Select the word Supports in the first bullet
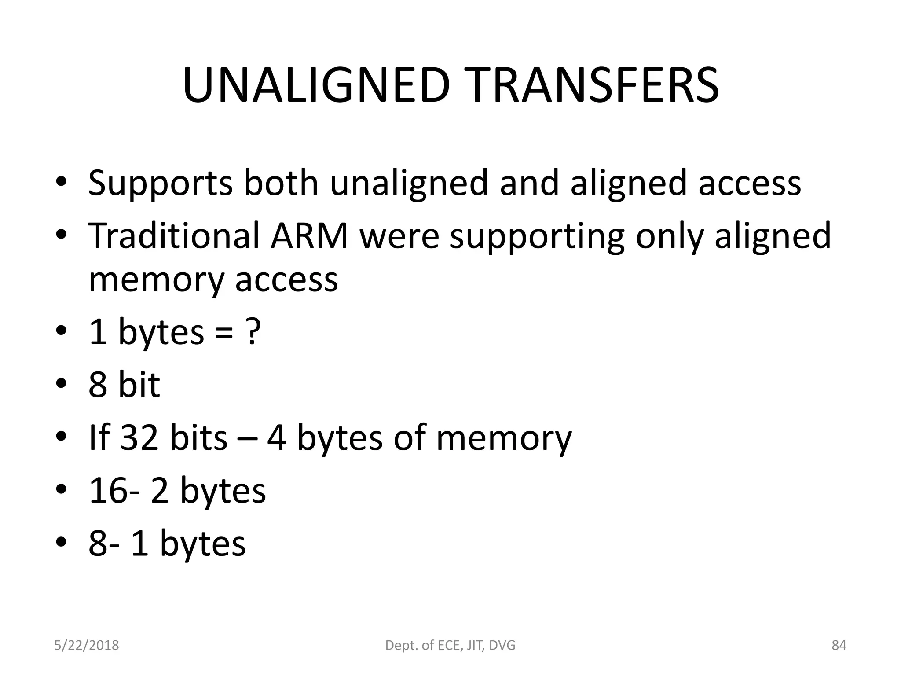click(160, 183)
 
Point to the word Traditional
click(174, 236)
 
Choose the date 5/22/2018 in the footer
click(87, 646)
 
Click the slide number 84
click(839, 646)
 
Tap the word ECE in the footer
click(448, 646)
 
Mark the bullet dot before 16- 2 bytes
click(62, 489)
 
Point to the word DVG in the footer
click(501, 646)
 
